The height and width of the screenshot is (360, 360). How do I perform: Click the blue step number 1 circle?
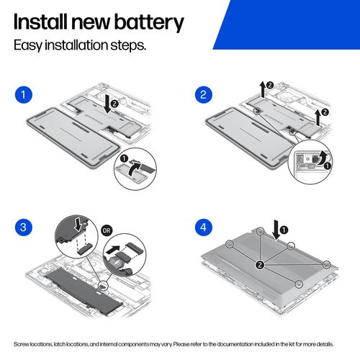[x=23, y=94]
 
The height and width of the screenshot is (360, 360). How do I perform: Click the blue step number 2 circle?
[x=203, y=94]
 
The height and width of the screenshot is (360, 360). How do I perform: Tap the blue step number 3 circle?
[x=23, y=227]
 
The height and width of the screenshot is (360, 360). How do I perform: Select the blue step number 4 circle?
[x=203, y=227]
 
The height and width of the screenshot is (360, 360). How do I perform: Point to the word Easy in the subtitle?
[x=28, y=45]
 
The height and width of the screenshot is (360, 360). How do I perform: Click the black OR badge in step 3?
[x=107, y=230]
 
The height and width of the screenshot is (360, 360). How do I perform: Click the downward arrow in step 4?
[x=276, y=230]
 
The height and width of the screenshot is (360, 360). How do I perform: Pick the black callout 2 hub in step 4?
[x=260, y=265]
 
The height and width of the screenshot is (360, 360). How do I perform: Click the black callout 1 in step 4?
[x=284, y=230]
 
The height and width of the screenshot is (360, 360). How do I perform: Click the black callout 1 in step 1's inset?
[x=124, y=158]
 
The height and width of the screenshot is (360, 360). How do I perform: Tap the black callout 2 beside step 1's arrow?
[x=114, y=104]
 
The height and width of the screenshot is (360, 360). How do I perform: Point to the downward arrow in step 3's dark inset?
[x=78, y=225]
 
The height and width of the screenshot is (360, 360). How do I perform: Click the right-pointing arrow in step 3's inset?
[x=113, y=250]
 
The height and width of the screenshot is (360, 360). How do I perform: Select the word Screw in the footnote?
[x=20, y=344]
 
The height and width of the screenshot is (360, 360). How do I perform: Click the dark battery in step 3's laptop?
[x=84, y=289]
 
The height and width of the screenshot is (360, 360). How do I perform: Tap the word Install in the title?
[x=40, y=22]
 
